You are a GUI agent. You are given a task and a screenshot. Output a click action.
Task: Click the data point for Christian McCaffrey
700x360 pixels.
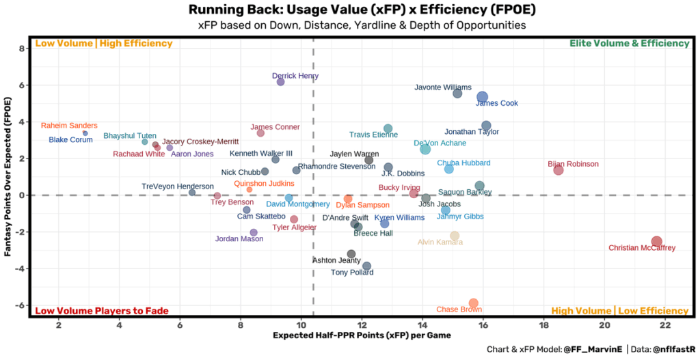tap(656, 241)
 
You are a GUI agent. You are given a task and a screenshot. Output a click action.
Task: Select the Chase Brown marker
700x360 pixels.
tap(473, 303)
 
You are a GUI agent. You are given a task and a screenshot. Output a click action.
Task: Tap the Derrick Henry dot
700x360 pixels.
tap(280, 82)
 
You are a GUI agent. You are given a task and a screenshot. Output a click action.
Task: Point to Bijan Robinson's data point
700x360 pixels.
tap(558, 170)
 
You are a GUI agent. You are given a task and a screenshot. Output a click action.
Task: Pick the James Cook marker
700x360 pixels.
tap(482, 97)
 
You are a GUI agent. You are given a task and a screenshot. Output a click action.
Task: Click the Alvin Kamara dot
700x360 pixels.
tap(455, 236)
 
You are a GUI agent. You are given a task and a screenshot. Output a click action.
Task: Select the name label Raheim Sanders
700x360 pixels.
tap(69, 126)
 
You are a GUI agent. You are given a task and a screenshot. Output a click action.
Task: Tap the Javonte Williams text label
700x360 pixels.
tap(443, 87)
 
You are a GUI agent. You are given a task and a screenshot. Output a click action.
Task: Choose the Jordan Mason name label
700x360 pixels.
tap(239, 239)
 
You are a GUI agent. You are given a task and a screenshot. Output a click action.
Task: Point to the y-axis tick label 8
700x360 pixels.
tap(23, 49)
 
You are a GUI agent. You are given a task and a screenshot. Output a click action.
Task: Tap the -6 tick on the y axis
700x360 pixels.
tap(21, 305)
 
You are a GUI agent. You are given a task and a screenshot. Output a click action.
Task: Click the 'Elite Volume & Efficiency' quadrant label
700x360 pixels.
tap(629, 44)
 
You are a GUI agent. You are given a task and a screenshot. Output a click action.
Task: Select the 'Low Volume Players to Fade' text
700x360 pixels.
tap(101, 311)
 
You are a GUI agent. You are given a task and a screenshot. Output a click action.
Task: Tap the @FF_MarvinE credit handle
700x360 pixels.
tap(591, 350)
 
